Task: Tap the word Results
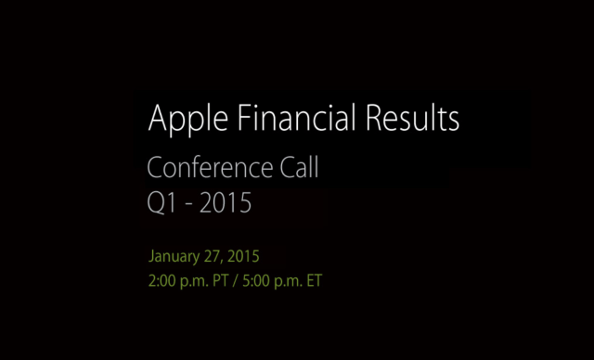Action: pyautogui.click(x=408, y=119)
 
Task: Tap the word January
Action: pyautogui.click(x=174, y=255)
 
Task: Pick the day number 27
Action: pyautogui.click(x=213, y=255)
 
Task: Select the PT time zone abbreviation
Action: pyautogui.click(x=218, y=279)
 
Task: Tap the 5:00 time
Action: pyautogui.click(x=253, y=279)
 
